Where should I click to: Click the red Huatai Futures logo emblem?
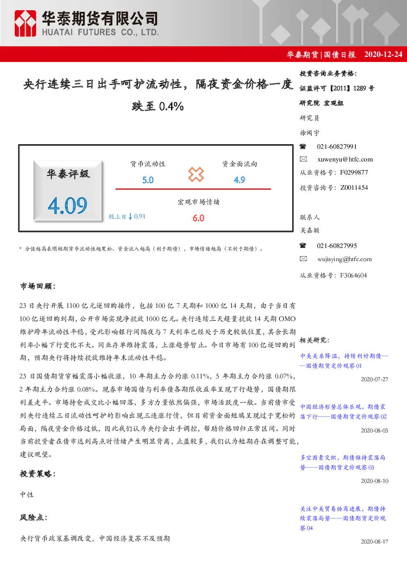pos(25,23)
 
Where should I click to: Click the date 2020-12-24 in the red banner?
pos(383,54)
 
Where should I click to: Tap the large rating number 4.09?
pos(68,205)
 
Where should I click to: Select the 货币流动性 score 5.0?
pos(148,180)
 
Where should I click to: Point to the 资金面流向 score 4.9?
pos(240,180)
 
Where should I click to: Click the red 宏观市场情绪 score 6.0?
pos(198,218)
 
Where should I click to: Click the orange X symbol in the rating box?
pos(196,175)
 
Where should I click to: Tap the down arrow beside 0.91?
pos(130,216)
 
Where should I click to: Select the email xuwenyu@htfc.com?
pos(345,159)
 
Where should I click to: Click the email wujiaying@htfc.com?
pos(345,259)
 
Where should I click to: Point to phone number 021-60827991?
pos(337,147)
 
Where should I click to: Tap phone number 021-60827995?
pos(337,245)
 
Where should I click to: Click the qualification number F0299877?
pos(354,172)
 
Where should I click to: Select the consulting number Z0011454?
pos(354,188)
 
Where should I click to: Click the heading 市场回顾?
pos(37,286)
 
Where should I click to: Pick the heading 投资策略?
pos(37,474)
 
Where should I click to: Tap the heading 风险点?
pos(34,517)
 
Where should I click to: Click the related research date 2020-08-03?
pos(374,430)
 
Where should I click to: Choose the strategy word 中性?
pos(27,495)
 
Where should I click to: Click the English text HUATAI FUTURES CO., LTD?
pos(100,32)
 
